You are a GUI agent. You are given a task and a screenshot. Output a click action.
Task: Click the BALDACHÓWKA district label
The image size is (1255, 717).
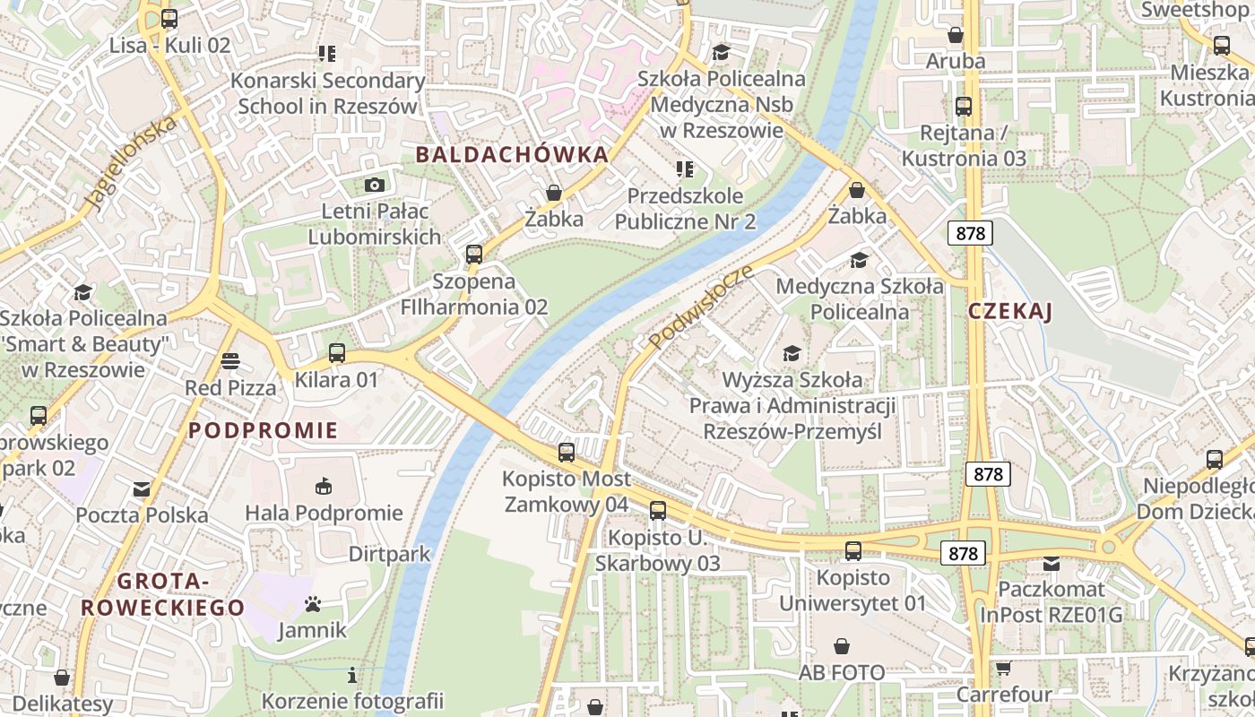[512, 154]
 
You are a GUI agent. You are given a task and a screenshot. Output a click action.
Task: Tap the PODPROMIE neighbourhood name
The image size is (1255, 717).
[264, 430]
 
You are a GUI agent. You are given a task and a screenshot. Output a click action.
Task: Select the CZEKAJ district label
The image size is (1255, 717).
[1009, 312]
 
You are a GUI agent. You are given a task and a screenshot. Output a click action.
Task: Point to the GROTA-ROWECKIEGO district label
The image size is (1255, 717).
[162, 595]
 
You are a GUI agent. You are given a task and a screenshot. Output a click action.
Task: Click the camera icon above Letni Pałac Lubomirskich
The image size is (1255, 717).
[375, 185]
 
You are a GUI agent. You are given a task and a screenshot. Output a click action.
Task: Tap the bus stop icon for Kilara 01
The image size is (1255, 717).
[337, 353]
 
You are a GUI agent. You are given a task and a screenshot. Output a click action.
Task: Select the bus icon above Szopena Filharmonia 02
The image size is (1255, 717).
[474, 255]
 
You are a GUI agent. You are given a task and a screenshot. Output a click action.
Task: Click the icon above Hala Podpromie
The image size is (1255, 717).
[324, 487]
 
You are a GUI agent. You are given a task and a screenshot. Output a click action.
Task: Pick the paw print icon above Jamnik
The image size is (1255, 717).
[312, 604]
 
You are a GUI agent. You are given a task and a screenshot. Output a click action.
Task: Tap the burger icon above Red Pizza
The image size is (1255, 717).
[230, 361]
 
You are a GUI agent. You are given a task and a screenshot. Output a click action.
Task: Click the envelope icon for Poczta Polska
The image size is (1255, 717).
[142, 489]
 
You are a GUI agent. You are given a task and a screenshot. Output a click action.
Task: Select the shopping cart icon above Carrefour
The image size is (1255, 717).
[1003, 669]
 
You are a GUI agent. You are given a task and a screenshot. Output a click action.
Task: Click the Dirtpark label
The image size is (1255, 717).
[390, 554]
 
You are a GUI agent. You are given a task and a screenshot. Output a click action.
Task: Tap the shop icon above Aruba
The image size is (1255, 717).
[956, 36]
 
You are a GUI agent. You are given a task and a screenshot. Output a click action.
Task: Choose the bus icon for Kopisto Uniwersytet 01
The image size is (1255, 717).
[853, 551]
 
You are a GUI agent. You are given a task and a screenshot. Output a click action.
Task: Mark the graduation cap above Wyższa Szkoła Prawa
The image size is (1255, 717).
[792, 353]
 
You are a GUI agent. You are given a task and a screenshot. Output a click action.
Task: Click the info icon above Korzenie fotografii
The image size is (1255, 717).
[352, 675]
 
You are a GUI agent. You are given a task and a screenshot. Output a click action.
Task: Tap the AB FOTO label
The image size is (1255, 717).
[842, 672]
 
